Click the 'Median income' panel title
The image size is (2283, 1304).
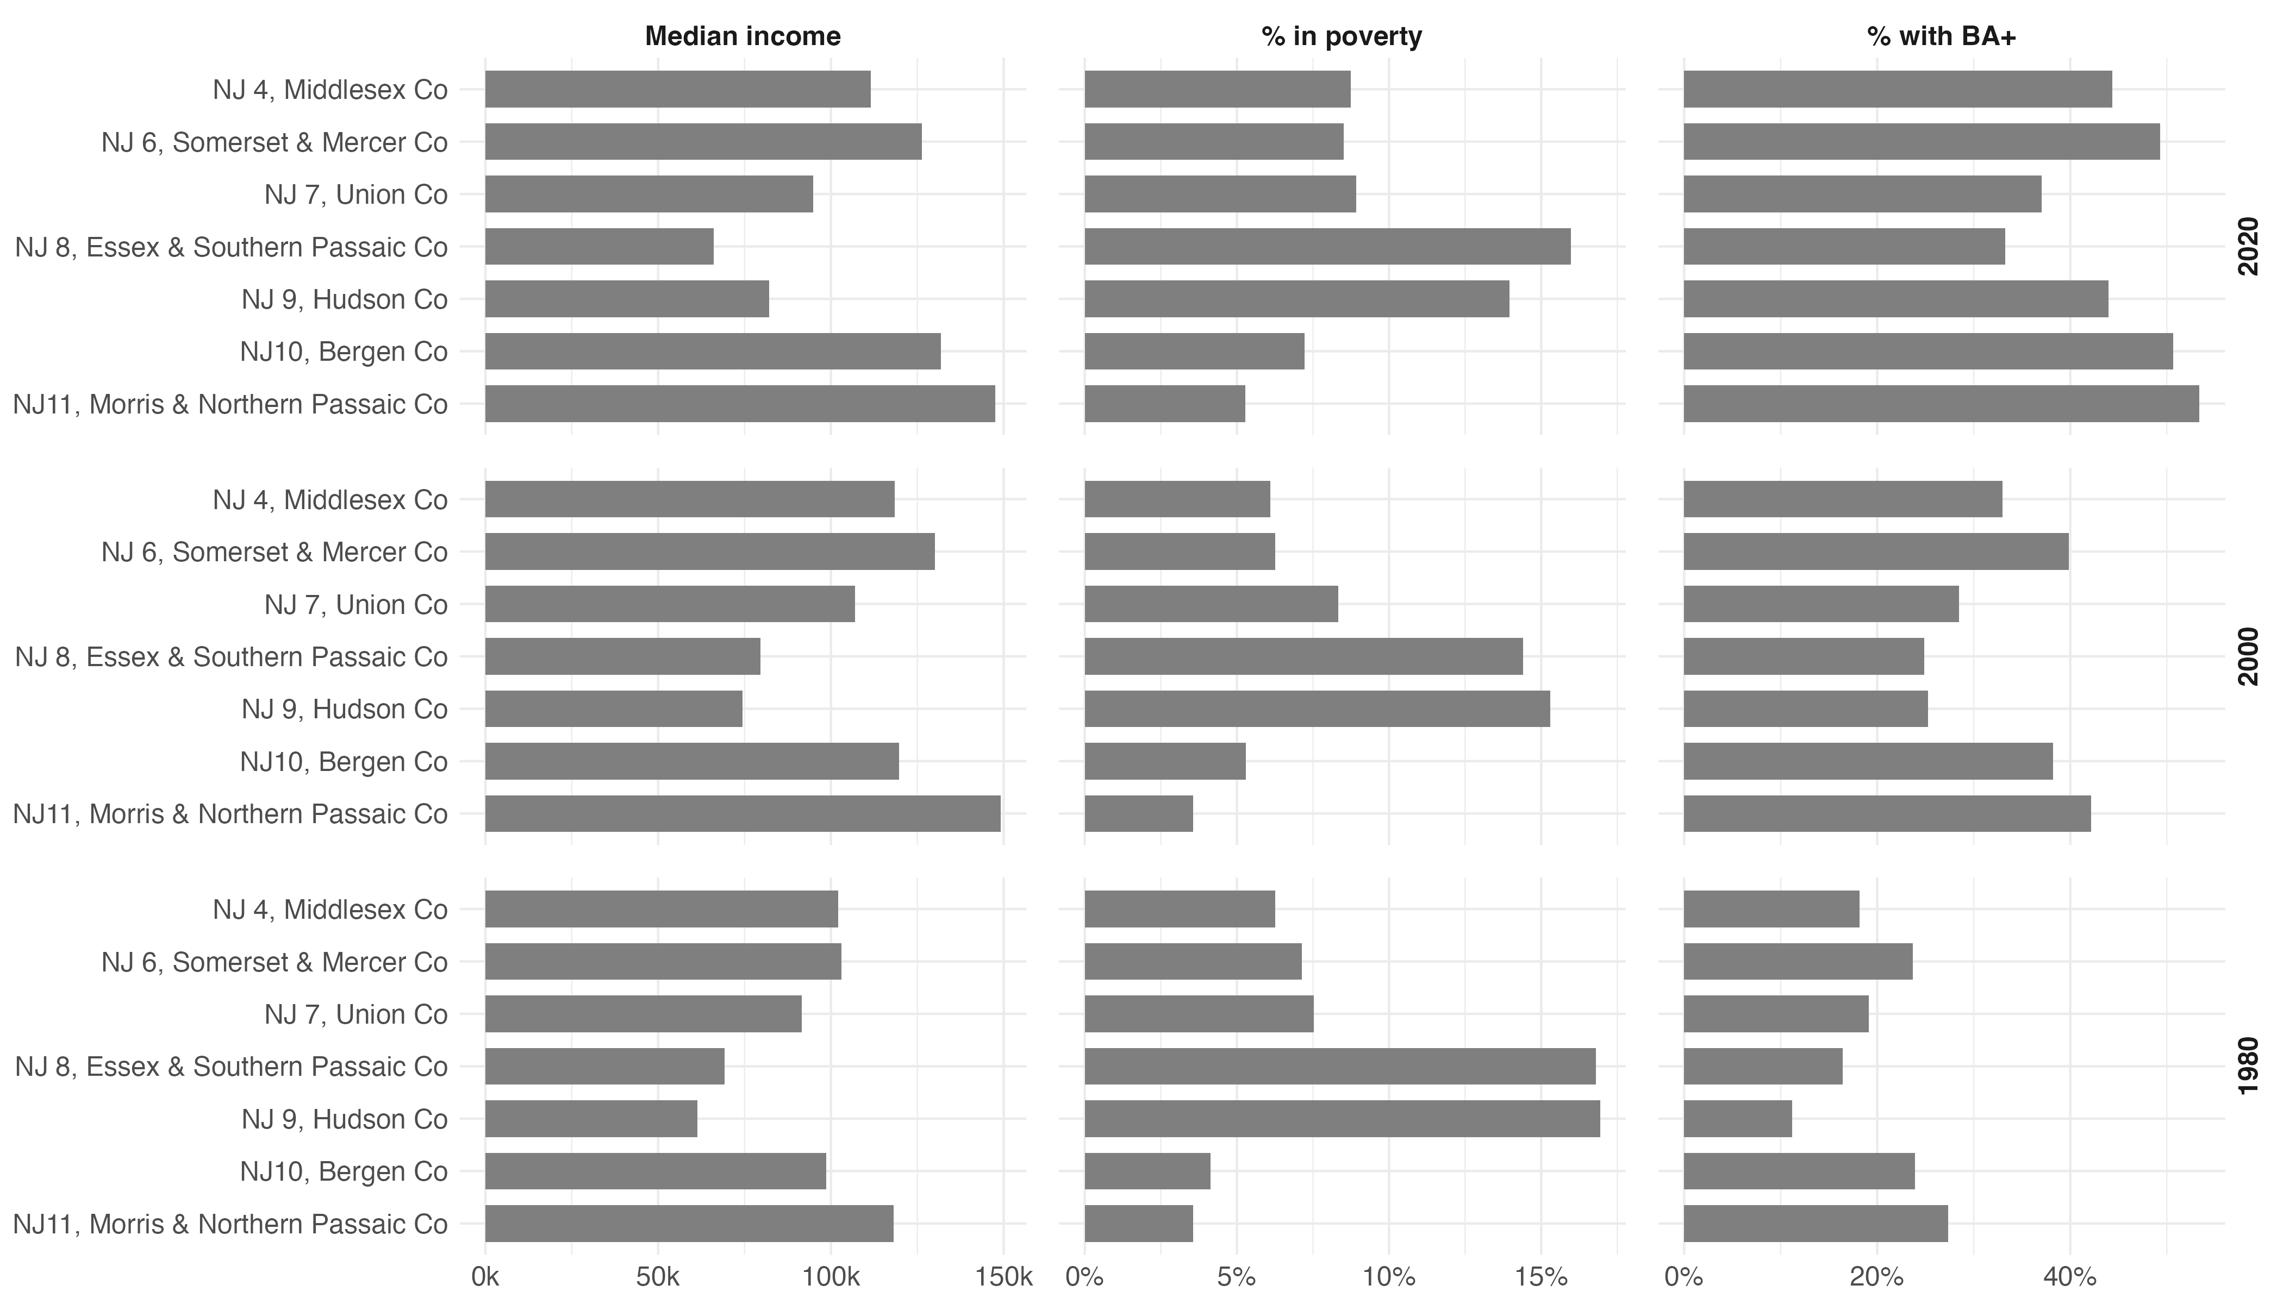click(742, 36)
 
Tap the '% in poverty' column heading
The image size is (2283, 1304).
click(1342, 36)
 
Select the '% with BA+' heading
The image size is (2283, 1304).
click(1941, 36)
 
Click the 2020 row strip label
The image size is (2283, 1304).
click(2248, 246)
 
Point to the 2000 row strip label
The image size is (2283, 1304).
click(2248, 656)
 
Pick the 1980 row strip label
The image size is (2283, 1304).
click(2248, 1066)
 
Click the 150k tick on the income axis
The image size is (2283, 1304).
click(1003, 1276)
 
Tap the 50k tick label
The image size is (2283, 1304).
click(658, 1276)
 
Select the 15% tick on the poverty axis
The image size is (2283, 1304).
click(1541, 1276)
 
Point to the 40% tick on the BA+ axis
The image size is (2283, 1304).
click(2070, 1276)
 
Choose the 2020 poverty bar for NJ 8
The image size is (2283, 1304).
click(1327, 246)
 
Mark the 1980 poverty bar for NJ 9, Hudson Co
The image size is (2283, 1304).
click(1342, 1119)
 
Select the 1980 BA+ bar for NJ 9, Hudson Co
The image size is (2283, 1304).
click(1737, 1119)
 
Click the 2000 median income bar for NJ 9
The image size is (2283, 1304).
click(614, 709)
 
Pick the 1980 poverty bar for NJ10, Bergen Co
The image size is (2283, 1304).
click(1147, 1170)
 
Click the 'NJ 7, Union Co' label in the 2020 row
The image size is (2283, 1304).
click(355, 195)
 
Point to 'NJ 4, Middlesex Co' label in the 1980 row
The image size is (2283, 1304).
click(330, 909)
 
